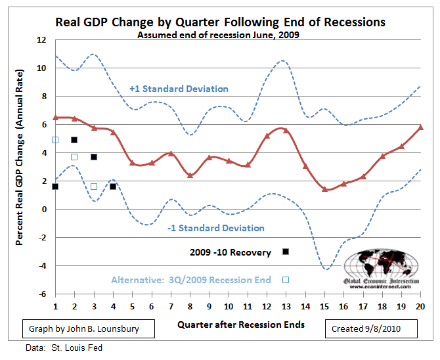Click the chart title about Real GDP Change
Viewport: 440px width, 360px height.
[220, 22]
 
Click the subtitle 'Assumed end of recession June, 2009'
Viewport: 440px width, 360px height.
[218, 35]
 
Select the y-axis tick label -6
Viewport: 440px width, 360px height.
[41, 294]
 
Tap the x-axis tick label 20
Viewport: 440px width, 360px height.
[420, 305]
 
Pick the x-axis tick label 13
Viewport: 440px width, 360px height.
[285, 305]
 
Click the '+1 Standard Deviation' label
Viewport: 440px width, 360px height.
[179, 89]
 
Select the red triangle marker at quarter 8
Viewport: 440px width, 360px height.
[190, 175]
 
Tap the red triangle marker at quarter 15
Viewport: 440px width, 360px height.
[324, 189]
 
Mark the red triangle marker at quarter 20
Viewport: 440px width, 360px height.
[420, 127]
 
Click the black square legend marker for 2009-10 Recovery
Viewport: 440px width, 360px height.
[286, 252]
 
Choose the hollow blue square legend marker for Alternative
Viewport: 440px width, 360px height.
[286, 280]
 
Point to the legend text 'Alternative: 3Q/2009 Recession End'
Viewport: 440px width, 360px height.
[190, 280]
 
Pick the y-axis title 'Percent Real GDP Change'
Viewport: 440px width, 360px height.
[21, 168]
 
